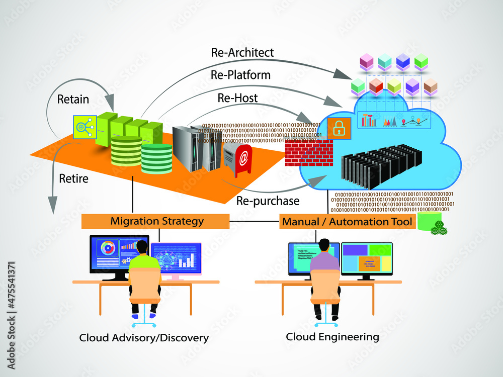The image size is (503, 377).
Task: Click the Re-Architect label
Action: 242,52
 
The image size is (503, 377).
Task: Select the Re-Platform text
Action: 240,75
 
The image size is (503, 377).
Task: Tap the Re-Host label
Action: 237,98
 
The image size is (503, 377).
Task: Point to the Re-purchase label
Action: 268,201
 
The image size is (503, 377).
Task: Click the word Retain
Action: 73,99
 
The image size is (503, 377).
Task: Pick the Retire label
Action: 74,178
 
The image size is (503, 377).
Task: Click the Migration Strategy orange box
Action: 157,221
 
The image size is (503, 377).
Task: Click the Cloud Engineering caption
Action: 332,337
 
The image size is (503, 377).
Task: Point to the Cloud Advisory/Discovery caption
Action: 144,338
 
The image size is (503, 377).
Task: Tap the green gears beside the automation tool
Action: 439,228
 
